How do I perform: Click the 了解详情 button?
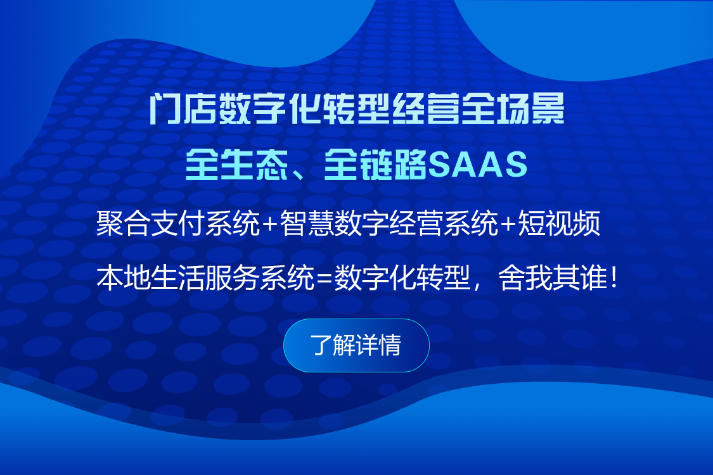click(356, 345)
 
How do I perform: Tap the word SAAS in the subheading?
click(477, 164)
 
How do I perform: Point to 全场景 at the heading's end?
click(513, 109)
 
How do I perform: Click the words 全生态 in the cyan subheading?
click(236, 164)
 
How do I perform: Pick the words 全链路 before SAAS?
click(375, 164)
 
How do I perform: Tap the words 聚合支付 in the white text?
click(150, 223)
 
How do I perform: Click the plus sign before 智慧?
click(269, 224)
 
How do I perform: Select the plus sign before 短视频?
click(509, 224)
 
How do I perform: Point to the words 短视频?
click(559, 223)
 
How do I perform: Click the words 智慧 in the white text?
click(307, 223)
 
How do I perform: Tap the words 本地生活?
click(150, 278)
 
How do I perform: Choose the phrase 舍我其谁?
click(553, 278)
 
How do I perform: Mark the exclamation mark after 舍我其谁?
click(614, 278)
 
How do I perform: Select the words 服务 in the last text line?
click(232, 278)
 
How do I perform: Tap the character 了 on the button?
click(321, 345)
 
